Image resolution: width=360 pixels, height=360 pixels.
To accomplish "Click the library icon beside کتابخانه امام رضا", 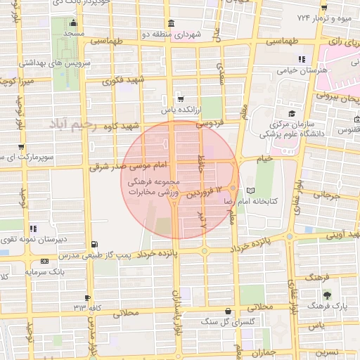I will (x=252, y=190).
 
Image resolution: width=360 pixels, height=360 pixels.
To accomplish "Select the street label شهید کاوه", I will (x=119, y=127).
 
